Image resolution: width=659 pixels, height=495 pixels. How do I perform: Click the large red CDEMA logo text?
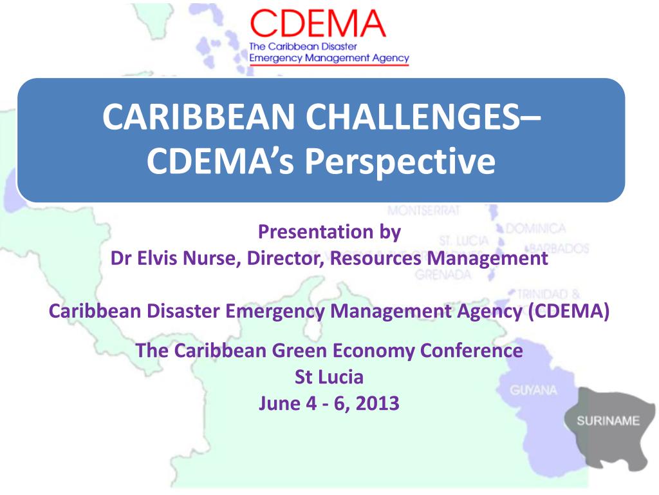click(318, 24)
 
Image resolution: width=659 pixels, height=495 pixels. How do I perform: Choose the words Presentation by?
click(329, 232)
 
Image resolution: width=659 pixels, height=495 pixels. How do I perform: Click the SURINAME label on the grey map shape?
click(608, 422)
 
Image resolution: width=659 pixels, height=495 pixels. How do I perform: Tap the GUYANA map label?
click(534, 391)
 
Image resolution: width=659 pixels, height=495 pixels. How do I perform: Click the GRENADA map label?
click(443, 275)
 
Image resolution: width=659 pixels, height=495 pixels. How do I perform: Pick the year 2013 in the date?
click(376, 404)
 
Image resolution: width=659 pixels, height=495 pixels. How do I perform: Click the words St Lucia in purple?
click(329, 377)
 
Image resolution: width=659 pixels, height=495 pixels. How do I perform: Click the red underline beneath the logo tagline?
click(329, 66)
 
